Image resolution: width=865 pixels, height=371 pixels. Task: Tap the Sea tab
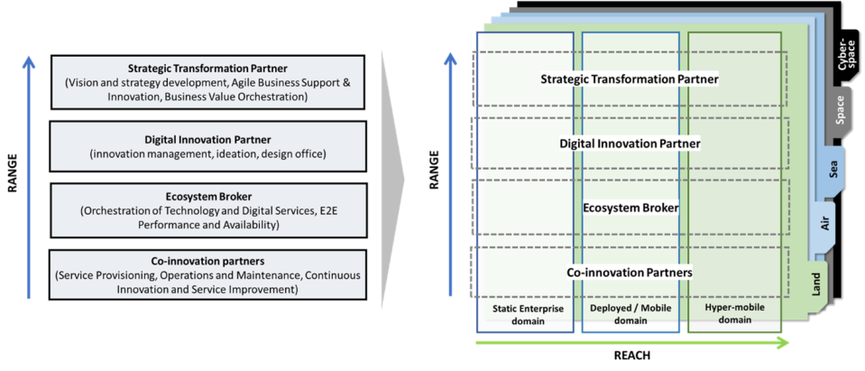coord(832,169)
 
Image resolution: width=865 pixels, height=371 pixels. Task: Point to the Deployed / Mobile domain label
coord(630,314)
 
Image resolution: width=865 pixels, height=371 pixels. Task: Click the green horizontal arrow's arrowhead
coord(782,343)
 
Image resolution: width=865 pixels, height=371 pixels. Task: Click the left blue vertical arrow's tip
coord(29,62)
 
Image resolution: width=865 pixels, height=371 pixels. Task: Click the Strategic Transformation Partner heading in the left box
coord(207,68)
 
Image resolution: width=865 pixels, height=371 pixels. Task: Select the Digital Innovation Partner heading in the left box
coord(207,140)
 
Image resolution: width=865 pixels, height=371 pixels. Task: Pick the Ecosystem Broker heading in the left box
coord(207,197)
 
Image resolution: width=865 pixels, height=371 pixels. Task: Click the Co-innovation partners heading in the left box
coord(207,262)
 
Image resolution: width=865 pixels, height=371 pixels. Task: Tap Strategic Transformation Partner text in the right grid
coord(630,79)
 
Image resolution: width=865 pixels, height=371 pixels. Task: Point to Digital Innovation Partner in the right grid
coord(630,144)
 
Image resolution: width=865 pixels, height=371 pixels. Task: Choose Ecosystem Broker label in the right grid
coord(630,208)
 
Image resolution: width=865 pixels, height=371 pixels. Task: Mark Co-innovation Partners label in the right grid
coord(630,272)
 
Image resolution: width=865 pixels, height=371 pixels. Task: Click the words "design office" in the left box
coord(290,154)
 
